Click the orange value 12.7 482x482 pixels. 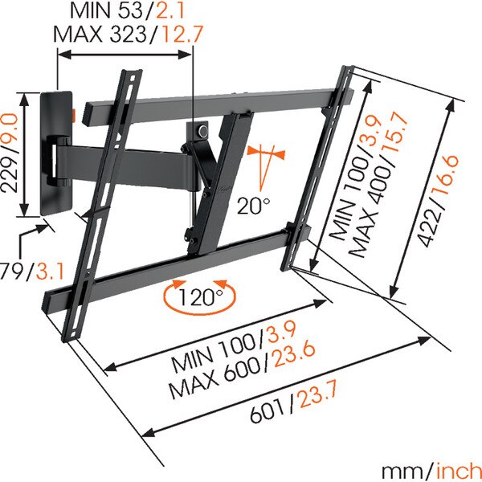tap(182, 34)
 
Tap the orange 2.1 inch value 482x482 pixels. tap(170, 10)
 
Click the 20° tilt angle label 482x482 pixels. tap(254, 206)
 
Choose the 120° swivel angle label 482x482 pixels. tap(200, 297)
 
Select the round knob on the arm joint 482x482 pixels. tap(203, 131)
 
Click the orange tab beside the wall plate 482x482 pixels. tap(74, 113)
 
